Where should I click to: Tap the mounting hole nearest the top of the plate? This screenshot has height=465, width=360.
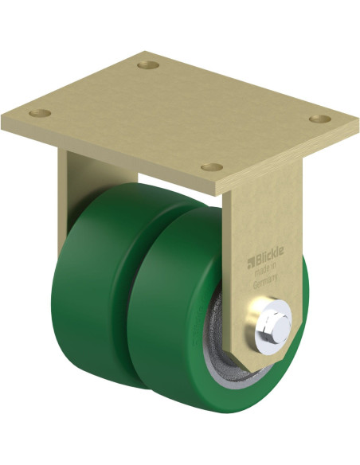[148, 64]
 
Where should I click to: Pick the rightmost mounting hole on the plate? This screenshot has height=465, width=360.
[320, 119]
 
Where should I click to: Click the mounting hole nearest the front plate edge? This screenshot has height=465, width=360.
[211, 167]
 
